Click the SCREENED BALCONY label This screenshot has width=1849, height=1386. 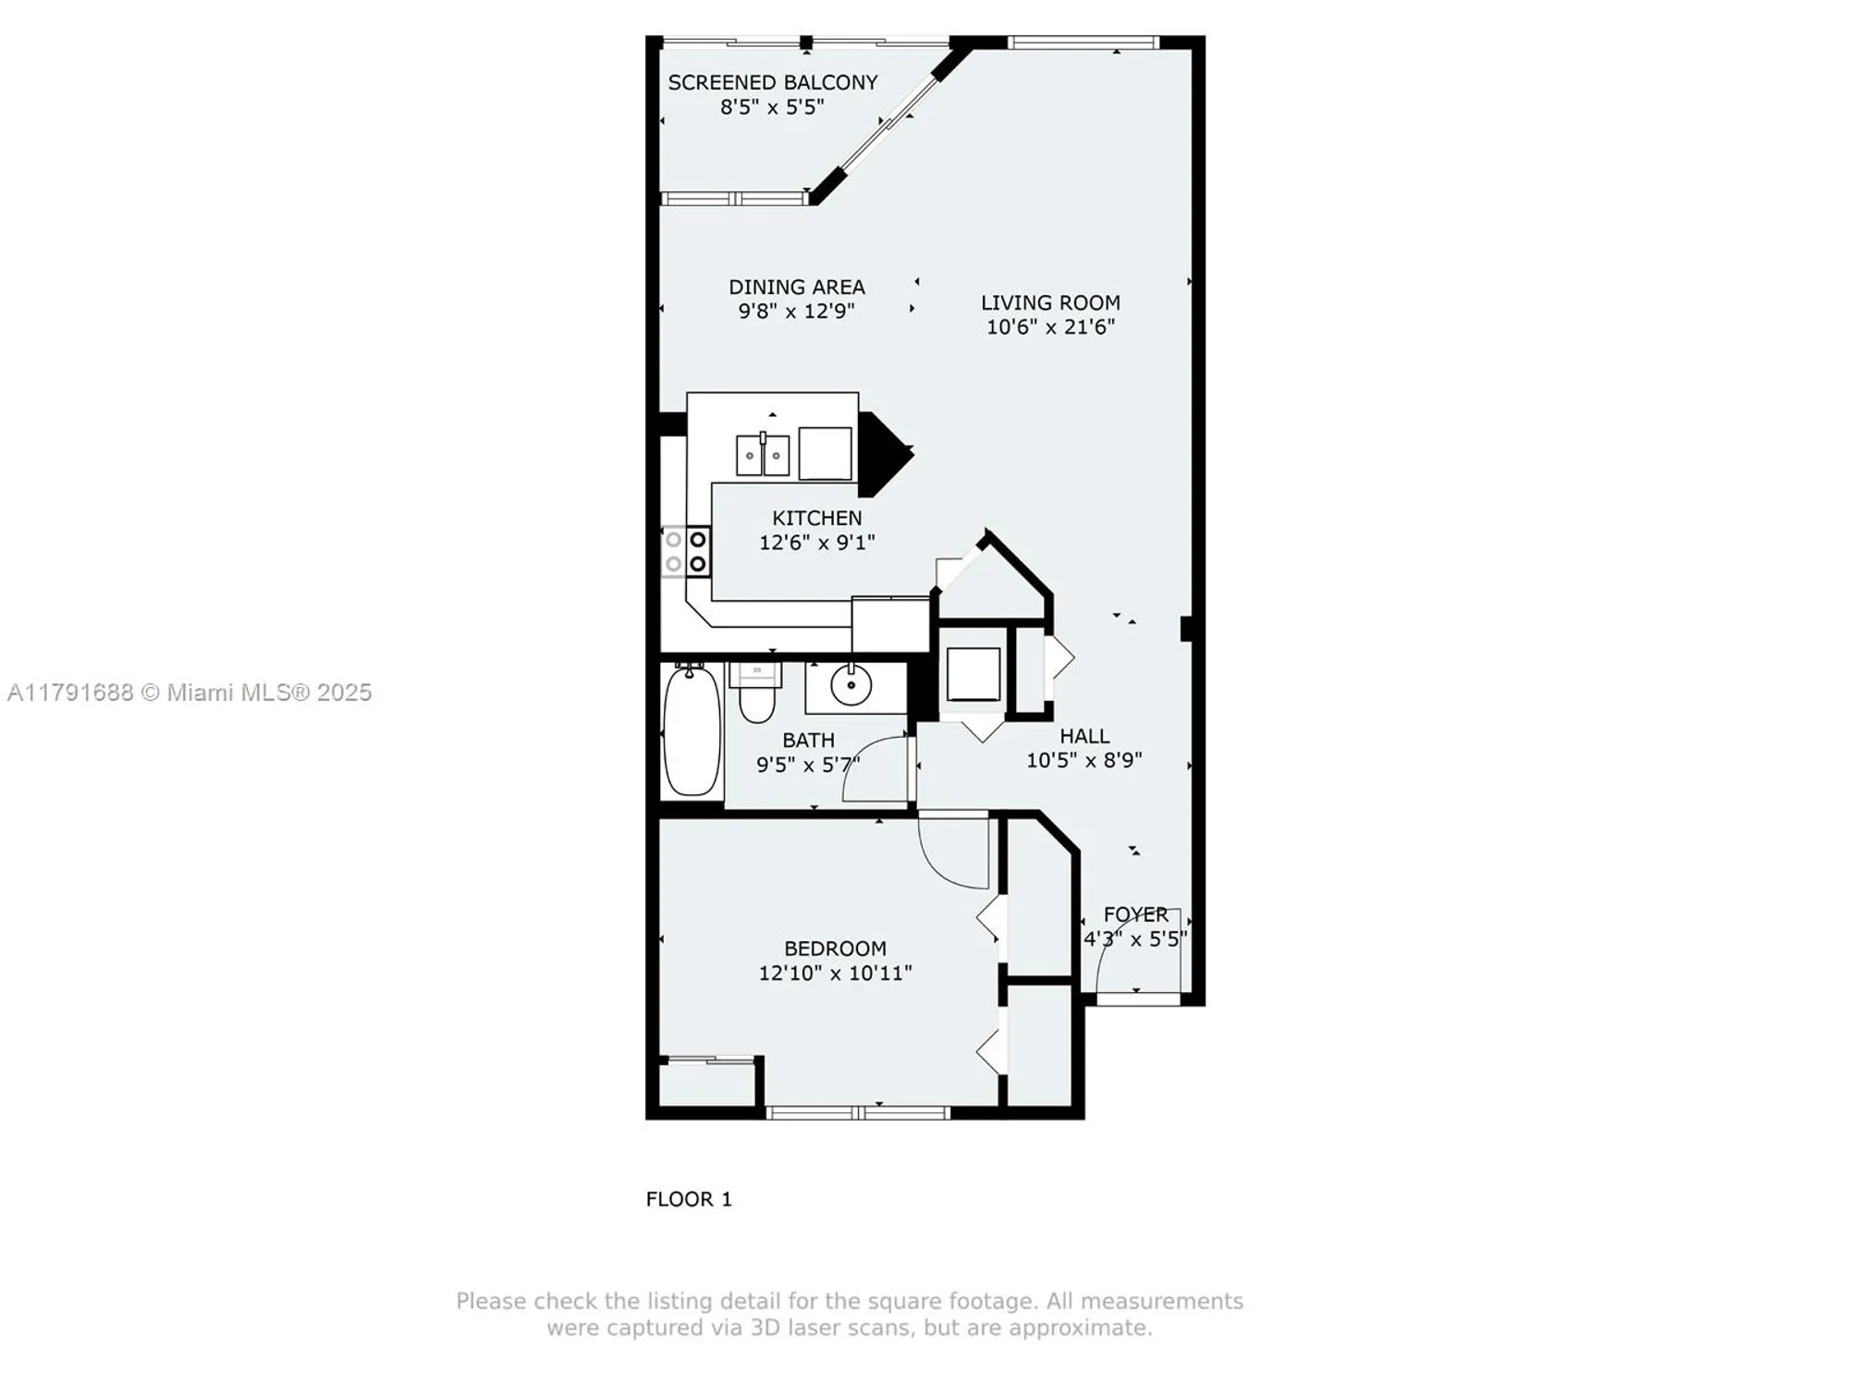point(772,82)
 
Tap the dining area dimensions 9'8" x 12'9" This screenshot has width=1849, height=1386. point(796,312)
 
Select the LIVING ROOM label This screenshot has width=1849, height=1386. point(1050,302)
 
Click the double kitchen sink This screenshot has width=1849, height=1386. point(762,455)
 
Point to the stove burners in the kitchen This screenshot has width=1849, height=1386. point(686,551)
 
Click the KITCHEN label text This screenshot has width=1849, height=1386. point(816,518)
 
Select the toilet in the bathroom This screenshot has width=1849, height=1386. point(757,697)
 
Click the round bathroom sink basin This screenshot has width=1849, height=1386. point(851,685)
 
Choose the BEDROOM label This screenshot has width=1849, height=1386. point(835,949)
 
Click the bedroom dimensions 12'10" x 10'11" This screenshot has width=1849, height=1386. point(835,973)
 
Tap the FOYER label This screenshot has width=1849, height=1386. point(1135,914)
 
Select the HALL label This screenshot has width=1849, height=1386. point(1084,736)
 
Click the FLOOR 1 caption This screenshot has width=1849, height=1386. point(689,1199)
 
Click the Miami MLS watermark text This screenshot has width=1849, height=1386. point(190,693)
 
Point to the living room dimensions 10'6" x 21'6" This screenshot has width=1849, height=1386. point(1050,326)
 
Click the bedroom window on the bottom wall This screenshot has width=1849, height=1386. point(858,1112)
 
